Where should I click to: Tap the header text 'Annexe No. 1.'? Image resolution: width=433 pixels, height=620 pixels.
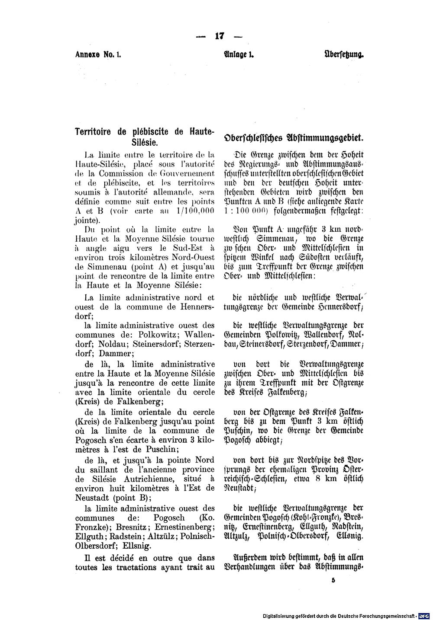(99, 55)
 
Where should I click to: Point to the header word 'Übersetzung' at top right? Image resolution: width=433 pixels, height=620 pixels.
(344, 55)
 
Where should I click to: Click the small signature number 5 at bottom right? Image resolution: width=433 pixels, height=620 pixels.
(333, 582)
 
